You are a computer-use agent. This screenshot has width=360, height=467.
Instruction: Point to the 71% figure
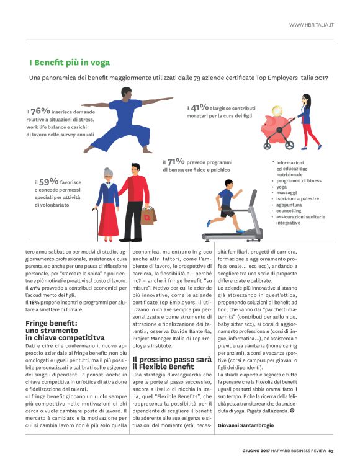(x=178, y=162)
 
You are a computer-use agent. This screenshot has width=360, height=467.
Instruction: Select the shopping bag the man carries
(x=148, y=215)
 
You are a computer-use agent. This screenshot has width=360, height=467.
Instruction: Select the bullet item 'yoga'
(x=281, y=187)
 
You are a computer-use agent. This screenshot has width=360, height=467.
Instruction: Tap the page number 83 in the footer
(x=331, y=451)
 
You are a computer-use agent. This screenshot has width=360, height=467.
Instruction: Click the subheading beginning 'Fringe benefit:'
(x=60, y=327)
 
